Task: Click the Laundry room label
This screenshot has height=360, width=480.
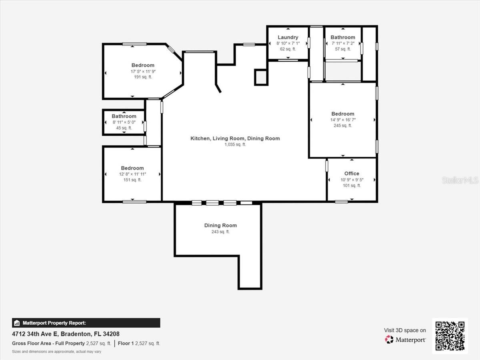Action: click(288, 37)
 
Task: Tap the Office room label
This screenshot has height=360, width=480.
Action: click(352, 173)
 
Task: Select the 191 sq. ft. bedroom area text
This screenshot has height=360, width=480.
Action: click(143, 77)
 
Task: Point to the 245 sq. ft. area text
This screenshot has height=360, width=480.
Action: click(343, 125)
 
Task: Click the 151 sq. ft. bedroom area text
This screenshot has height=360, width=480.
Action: click(132, 180)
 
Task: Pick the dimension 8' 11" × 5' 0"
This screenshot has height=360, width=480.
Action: click(124, 122)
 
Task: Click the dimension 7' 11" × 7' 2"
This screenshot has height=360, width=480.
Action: click(343, 43)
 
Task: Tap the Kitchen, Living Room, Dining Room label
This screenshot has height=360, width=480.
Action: click(235, 138)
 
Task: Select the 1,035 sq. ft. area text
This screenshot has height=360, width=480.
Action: click(235, 144)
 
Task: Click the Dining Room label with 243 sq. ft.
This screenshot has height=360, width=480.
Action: click(220, 225)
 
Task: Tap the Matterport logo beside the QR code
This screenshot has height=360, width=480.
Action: click(405, 340)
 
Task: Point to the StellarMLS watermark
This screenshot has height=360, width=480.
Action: click(460, 180)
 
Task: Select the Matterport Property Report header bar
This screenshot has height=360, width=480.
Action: click(86, 323)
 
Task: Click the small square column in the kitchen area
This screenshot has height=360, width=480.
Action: click(261, 77)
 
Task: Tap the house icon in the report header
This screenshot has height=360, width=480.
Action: click(17, 323)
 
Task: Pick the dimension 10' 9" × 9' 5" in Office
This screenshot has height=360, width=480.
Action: click(352, 180)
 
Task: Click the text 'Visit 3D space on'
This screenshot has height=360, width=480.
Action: click(405, 330)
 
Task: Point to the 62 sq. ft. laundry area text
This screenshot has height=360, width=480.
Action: click(288, 49)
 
